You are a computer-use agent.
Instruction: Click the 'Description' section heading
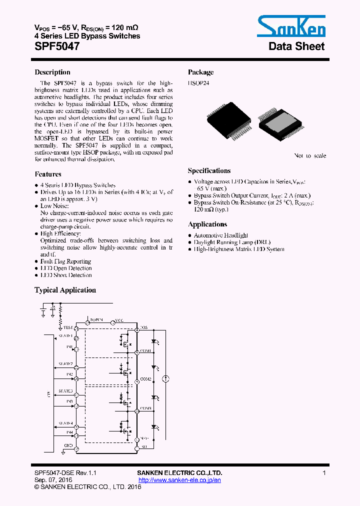pyautogui.click(x=52, y=72)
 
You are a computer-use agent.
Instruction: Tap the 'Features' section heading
pyautogui.click(x=48, y=174)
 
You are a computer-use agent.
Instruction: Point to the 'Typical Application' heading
pyautogui.click(x=65, y=290)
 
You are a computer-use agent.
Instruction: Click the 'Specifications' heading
pyautogui.click(x=209, y=171)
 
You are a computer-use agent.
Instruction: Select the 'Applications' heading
pyautogui.click(x=207, y=224)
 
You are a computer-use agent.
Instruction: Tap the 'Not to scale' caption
pyautogui.click(x=310, y=156)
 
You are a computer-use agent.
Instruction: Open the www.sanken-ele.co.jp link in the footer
pyautogui.click(x=179, y=480)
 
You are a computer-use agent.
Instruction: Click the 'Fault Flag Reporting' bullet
pyautogui.click(x=65, y=261)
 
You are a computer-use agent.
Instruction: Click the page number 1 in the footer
pyautogui.click(x=324, y=473)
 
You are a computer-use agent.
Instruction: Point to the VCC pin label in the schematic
pyautogui.click(x=119, y=319)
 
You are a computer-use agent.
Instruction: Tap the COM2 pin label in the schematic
pyautogui.click(x=146, y=379)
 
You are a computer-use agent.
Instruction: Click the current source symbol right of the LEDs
pyautogui.click(x=167, y=379)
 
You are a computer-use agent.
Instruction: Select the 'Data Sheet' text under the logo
pyautogui.click(x=296, y=46)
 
